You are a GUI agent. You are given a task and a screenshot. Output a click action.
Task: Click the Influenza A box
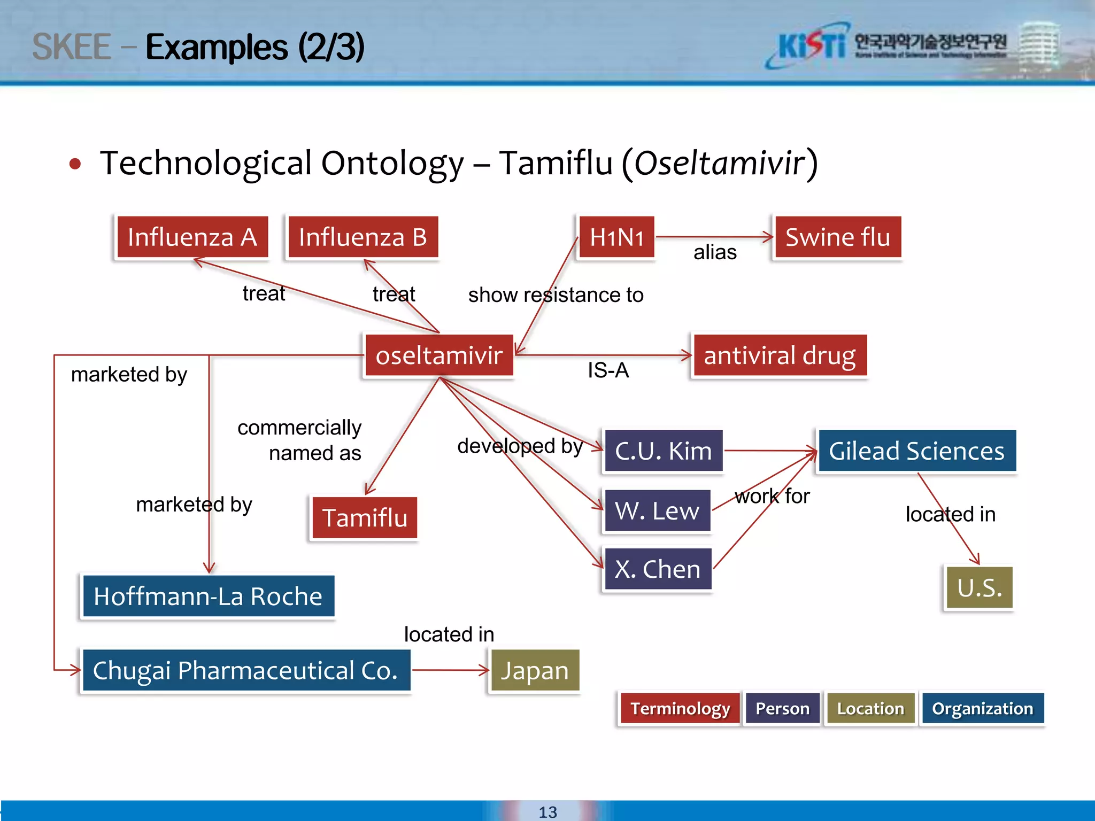(x=192, y=237)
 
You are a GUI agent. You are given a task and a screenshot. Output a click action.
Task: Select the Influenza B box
(x=363, y=237)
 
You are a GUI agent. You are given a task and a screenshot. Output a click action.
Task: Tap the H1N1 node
(x=616, y=237)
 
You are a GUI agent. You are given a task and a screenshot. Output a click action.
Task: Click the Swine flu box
(x=837, y=237)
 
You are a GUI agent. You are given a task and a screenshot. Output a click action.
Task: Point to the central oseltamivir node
(x=438, y=355)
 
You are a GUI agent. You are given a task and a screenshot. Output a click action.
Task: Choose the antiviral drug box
(x=779, y=355)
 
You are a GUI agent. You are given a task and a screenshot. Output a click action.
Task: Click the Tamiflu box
(x=365, y=518)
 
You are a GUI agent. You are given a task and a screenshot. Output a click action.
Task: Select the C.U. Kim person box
(x=663, y=451)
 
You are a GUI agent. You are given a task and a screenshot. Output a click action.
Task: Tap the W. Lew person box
(x=657, y=511)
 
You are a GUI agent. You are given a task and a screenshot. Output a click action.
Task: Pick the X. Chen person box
(x=657, y=569)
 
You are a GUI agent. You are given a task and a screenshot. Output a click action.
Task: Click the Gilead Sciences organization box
(x=916, y=451)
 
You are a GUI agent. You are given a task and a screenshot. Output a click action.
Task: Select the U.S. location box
(x=979, y=588)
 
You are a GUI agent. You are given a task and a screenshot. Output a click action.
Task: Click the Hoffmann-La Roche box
(x=208, y=597)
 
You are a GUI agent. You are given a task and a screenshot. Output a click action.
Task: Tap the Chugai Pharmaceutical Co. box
(x=245, y=671)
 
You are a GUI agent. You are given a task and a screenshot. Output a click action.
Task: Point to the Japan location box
(x=534, y=671)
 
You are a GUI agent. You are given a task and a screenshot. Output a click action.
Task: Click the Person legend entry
(x=782, y=709)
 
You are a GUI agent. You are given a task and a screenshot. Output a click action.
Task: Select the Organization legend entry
(x=982, y=709)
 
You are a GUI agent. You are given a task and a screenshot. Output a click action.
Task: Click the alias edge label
(x=715, y=252)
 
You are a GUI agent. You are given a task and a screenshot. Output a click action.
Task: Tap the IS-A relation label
(x=608, y=370)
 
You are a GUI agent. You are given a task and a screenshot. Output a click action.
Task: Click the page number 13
(x=547, y=812)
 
